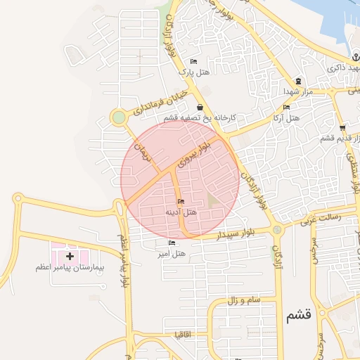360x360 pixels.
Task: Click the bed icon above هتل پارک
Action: point(194,62)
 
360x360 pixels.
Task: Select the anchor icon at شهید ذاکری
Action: point(356,58)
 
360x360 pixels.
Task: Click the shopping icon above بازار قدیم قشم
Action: point(342,128)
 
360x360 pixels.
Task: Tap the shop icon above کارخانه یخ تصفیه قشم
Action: point(200,108)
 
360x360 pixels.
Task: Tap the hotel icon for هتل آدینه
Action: point(181,202)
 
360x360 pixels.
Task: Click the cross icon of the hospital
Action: point(69,257)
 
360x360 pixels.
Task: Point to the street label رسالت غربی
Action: point(320,218)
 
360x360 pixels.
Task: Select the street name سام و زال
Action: point(243,300)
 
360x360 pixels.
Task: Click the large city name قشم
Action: point(298,316)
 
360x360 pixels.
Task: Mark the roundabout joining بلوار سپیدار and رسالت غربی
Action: point(278,229)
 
